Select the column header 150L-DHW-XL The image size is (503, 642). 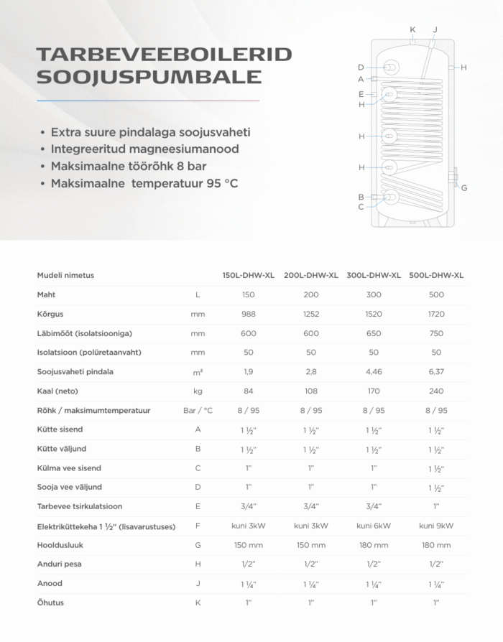249,275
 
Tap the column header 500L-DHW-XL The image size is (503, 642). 436,275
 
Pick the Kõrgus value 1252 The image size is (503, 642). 311,314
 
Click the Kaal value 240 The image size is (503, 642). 436,391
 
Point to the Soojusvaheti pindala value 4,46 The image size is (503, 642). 374,372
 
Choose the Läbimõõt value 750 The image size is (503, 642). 436,333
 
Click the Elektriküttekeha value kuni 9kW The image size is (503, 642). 436,526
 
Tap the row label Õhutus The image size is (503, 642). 50,603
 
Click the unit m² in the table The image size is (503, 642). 198,372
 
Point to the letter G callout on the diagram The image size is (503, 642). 464,188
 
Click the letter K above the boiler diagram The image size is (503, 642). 412,29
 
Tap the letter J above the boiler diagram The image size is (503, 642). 435,29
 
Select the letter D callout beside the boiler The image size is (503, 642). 361,67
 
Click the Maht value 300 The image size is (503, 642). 374,294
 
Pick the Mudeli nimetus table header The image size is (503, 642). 65,275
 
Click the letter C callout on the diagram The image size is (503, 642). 361,207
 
